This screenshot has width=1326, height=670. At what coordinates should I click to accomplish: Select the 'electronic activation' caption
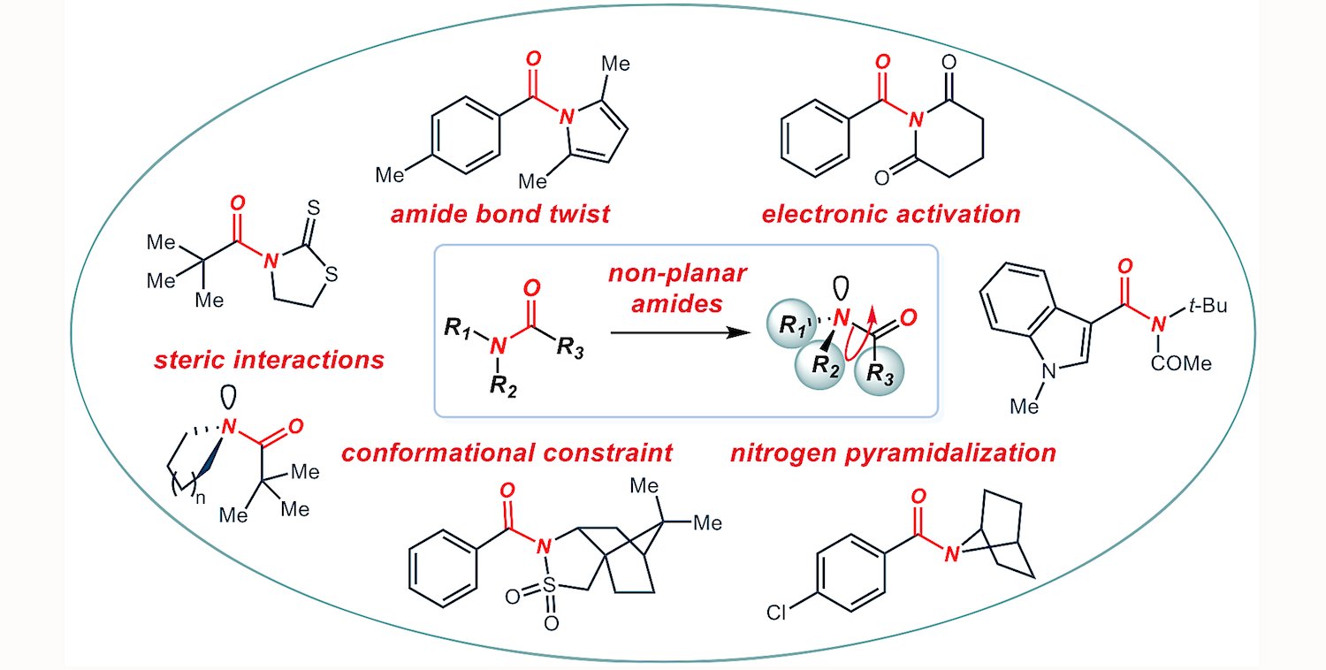pos(895,214)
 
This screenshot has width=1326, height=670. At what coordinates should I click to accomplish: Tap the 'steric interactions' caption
pos(269,360)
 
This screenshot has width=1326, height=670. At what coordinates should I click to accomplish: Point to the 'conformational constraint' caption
pos(507,453)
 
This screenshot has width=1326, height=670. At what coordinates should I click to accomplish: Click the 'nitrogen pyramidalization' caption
pos(893,453)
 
